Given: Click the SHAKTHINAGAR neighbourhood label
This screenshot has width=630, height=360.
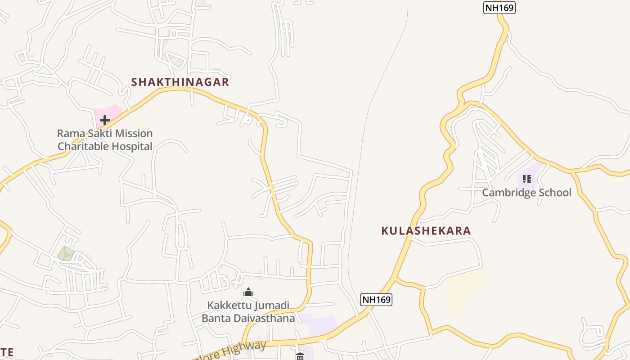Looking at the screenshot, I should pyautogui.click(x=180, y=82).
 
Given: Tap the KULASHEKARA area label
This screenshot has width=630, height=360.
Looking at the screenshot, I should pyautogui.click(x=426, y=231).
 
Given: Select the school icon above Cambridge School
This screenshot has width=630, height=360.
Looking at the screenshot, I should pyautogui.click(x=526, y=179).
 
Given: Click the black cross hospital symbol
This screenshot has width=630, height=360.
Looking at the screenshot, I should pyautogui.click(x=105, y=120).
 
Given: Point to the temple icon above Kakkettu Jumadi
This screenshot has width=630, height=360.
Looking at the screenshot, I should pyautogui.click(x=248, y=292).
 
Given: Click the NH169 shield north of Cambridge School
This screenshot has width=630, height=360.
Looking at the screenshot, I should pyautogui.click(x=499, y=8).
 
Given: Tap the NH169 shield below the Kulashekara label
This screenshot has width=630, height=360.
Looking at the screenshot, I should pyautogui.click(x=376, y=299).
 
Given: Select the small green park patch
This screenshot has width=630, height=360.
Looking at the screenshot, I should pyautogui.click(x=66, y=253).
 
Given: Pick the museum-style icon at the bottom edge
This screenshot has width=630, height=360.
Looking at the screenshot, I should pyautogui.click(x=300, y=356).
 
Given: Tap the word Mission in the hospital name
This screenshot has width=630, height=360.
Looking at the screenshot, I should pyautogui.click(x=134, y=133).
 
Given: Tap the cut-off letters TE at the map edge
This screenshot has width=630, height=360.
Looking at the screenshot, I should pyautogui.click(x=7, y=352).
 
